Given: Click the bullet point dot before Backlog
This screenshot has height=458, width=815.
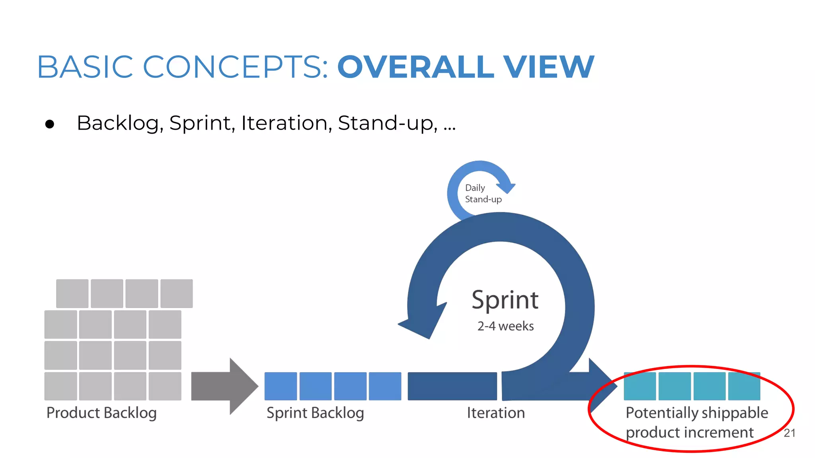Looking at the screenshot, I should (50, 124).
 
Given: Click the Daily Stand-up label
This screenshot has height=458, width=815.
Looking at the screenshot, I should (482, 194).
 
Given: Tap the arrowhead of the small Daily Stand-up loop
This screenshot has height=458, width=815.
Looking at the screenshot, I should (506, 187).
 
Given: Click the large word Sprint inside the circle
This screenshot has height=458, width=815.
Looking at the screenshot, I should (505, 300).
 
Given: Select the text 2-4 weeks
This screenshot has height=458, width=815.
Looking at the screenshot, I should (505, 326).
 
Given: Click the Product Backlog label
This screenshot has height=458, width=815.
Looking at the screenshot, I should (101, 413).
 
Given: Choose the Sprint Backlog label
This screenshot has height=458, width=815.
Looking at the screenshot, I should (315, 413).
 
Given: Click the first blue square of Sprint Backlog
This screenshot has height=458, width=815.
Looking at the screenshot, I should (281, 386).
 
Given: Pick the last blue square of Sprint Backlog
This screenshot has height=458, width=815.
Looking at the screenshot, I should (385, 386).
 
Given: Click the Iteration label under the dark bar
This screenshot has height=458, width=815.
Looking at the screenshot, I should (496, 413).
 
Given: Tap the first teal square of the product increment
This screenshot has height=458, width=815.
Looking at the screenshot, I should (640, 386).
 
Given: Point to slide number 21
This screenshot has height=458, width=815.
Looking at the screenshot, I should (789, 433).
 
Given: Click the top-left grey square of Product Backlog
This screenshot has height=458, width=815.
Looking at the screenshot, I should (72, 293).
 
